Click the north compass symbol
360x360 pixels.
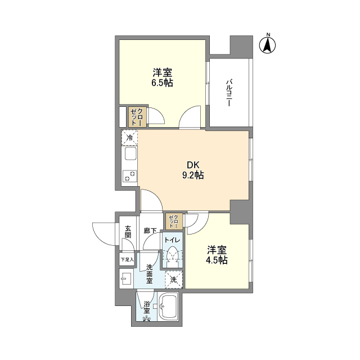coord(268,45)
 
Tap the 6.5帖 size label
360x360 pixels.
coord(161,83)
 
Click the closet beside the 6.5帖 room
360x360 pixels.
coord(137,117)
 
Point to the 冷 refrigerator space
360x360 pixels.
coord(130,137)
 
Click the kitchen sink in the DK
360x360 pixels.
coord(130,154)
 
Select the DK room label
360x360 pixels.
coord(193,165)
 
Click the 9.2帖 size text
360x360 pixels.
coord(193,175)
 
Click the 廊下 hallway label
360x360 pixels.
coord(150,230)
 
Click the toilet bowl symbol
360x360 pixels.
coord(173,255)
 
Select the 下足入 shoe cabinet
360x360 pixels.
coord(127,260)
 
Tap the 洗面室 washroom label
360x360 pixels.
coord(150,273)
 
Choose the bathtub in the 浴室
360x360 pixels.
coord(169,309)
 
